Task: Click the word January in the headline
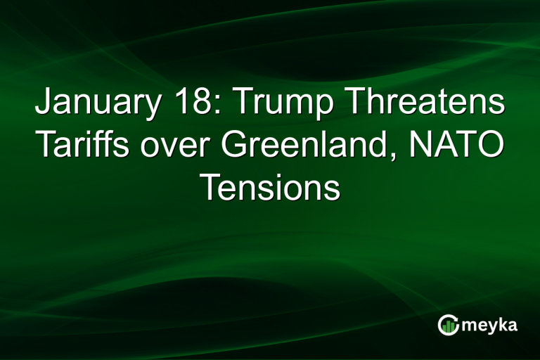[96, 103]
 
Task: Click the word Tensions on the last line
[270, 188]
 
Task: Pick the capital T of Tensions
[209, 188]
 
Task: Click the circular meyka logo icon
[448, 324]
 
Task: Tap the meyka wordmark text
[489, 326]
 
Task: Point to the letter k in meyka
[504, 324]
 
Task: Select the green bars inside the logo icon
[449, 326]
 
